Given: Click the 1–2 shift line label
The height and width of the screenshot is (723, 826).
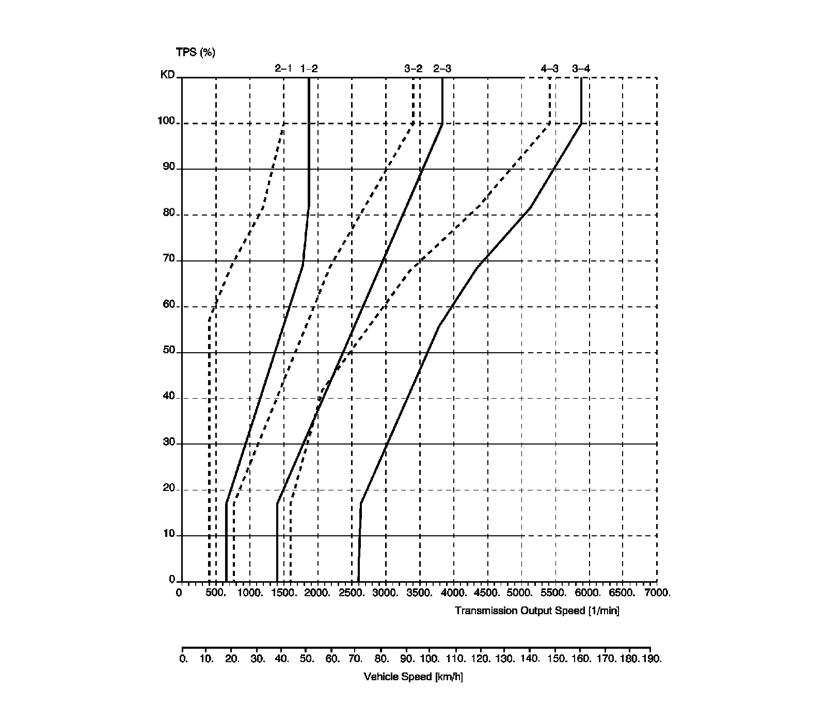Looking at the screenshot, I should point(309,69).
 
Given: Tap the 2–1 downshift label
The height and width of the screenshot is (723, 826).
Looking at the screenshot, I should point(283,69).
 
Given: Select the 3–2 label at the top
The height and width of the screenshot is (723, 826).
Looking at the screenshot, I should point(413,69).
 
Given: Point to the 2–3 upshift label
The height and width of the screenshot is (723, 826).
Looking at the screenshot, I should point(442,69).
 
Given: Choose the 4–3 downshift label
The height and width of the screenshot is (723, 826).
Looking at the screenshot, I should point(549,69).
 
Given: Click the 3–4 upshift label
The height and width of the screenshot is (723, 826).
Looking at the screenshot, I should point(581,69).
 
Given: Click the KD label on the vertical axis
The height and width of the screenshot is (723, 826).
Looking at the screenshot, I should point(168,75).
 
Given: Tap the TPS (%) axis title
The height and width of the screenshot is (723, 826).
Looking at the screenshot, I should point(195,52).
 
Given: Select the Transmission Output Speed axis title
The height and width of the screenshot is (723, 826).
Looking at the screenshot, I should point(537,611).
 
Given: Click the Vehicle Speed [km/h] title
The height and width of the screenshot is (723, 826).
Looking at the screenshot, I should point(413,677).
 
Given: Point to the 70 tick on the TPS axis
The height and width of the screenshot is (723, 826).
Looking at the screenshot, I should point(169,259).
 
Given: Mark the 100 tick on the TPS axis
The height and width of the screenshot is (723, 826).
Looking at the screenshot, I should point(166,122).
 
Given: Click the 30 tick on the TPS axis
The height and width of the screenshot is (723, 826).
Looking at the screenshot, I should point(169,442).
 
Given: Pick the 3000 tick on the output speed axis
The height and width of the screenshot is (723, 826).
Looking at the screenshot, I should point(386,593).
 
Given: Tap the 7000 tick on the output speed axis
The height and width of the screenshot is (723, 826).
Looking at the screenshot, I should point(657,593).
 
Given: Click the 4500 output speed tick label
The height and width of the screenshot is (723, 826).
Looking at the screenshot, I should point(488,593).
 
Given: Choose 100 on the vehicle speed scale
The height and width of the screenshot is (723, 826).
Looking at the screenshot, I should point(430,659).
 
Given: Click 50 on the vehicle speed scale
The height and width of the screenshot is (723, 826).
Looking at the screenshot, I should point(307,659).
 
